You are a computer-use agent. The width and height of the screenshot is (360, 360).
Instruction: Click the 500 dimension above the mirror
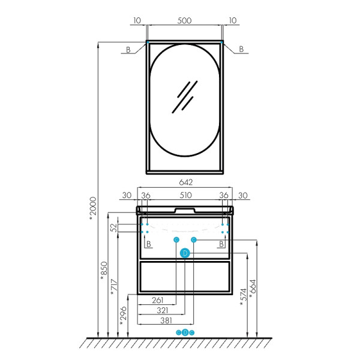point(184,20)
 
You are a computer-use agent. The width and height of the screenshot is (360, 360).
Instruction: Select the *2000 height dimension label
point(93,208)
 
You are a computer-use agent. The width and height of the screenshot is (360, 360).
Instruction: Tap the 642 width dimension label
point(186,182)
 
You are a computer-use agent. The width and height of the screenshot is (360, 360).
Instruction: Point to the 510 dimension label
point(185,195)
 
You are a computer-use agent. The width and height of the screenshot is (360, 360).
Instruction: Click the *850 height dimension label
point(104,271)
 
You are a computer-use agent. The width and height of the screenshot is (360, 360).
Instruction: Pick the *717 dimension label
point(114,287)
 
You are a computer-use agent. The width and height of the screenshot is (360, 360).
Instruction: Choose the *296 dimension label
point(123,316)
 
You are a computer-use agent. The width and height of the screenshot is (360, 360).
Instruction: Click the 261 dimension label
point(157,300)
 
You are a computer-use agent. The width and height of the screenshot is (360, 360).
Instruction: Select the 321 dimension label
point(163,310)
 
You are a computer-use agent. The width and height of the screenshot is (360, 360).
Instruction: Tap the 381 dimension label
point(166,320)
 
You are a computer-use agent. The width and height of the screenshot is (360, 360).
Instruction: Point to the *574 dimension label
point(243,297)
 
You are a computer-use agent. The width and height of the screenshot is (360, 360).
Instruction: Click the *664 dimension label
point(253,289)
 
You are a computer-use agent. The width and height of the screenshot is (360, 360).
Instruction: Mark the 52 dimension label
point(113,227)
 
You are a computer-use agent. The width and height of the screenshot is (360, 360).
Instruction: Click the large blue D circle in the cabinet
point(185,253)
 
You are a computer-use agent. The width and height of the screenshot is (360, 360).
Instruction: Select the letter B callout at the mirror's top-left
point(128,50)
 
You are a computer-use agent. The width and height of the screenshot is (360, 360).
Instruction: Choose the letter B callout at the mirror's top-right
point(241,49)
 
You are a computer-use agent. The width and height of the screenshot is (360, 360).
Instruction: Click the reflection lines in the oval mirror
point(185,97)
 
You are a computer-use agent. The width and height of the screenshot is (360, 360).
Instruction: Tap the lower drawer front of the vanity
point(185,277)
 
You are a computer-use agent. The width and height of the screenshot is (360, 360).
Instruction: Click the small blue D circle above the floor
point(185,332)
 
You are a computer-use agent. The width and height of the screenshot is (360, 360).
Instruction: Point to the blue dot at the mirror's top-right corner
point(222,42)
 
